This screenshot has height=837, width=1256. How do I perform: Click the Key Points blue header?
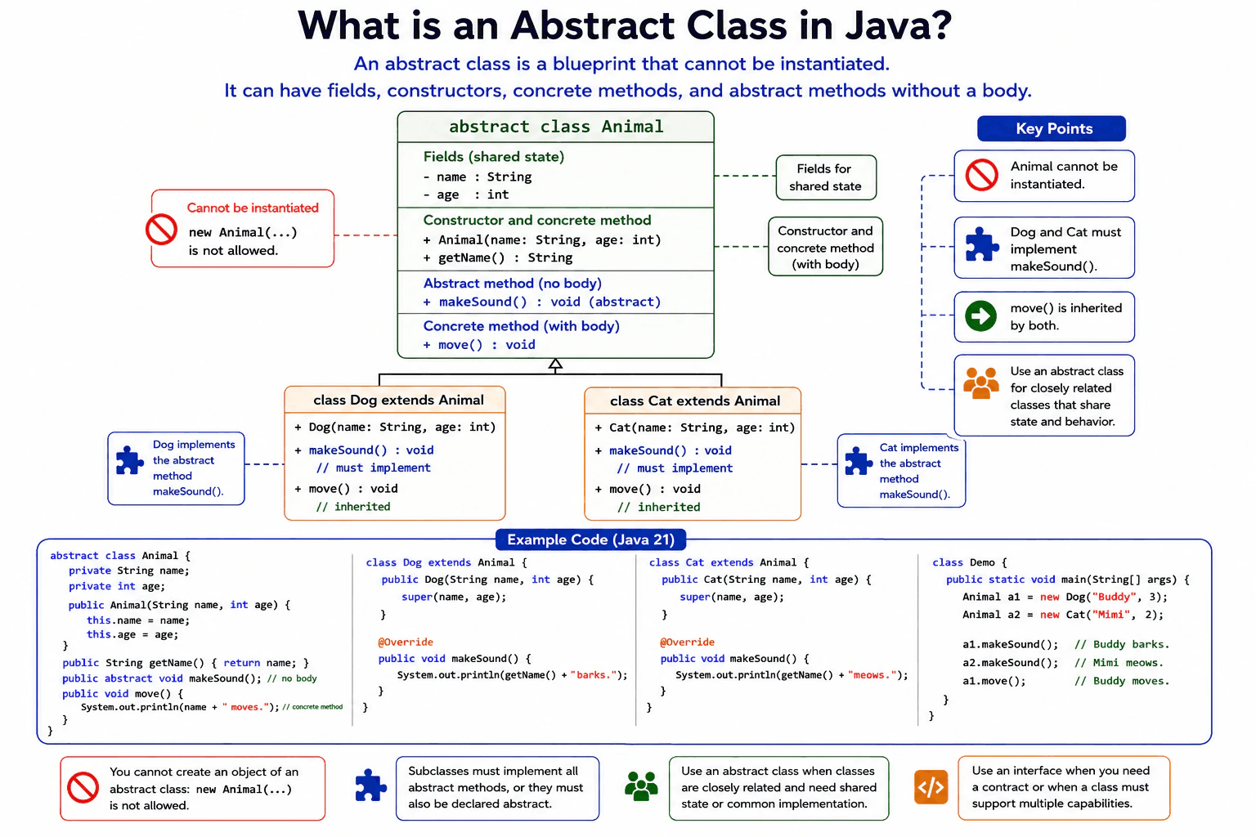coord(1052,128)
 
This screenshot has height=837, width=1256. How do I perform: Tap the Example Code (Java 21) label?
coord(590,539)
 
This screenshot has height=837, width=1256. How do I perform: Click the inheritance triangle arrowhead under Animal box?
coord(555,365)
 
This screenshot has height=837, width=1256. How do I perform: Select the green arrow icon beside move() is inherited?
coord(980,316)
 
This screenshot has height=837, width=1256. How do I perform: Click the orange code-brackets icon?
coord(931,787)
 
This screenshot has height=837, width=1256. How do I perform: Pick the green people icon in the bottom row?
coord(641,786)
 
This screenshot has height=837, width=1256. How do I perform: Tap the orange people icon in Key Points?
coord(980,383)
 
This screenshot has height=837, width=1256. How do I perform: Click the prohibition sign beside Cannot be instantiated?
coord(161,230)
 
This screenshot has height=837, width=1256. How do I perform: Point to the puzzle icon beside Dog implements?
coord(129,461)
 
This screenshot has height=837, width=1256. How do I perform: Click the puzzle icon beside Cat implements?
coord(858,461)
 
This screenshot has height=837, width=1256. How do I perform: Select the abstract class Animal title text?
coord(556,127)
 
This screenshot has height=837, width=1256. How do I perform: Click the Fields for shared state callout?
coord(826,177)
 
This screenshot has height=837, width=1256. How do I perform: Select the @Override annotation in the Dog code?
coord(406,642)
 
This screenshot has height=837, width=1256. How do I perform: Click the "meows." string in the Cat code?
coord(872,675)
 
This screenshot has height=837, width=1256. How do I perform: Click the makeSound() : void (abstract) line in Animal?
coord(541,302)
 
